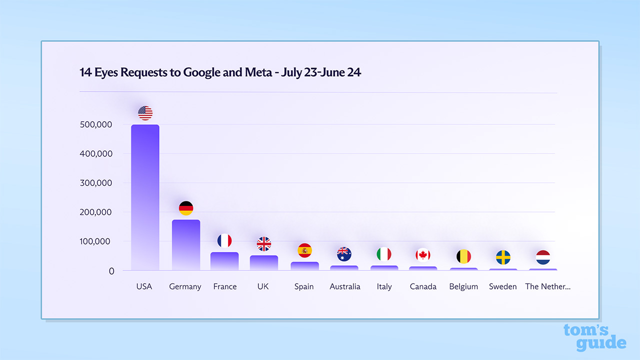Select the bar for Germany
pos(186,245)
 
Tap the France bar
pos(224,261)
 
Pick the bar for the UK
pos(264,263)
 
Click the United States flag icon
pos(145,113)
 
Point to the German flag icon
pos(186,208)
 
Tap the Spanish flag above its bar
pos(304,250)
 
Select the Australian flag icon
pos(344,254)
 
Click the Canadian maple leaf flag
pos(423,254)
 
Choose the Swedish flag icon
pos(503,257)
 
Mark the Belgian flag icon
pos(463,256)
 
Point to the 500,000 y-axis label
pos(96,124)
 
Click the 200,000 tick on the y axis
pos(96,212)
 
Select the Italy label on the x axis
pos(384,286)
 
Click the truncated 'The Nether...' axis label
pos(547,286)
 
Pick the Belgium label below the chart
pos(463,286)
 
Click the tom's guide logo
pos(594,337)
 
